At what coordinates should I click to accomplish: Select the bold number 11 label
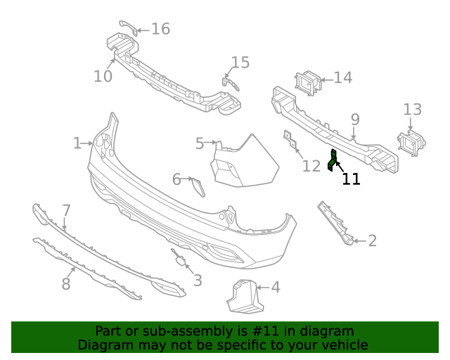pyautogui.click(x=351, y=179)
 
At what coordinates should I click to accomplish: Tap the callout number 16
pyautogui.click(x=160, y=29)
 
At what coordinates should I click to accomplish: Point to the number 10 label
pyautogui.click(x=103, y=76)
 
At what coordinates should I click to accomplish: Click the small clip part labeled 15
pyautogui.click(x=229, y=84)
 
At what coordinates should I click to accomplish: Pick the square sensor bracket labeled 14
pyautogui.click(x=308, y=83)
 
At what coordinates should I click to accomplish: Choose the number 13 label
pyautogui.click(x=413, y=110)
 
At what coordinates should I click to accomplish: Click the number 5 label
pyautogui.click(x=200, y=144)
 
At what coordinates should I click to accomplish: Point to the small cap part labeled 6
pyautogui.click(x=198, y=186)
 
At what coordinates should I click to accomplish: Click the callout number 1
pyautogui.click(x=77, y=143)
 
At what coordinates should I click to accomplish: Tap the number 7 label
pyautogui.click(x=66, y=210)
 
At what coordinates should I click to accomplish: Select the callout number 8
pyautogui.click(x=66, y=284)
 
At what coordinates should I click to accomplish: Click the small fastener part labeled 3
pyautogui.click(x=178, y=260)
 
